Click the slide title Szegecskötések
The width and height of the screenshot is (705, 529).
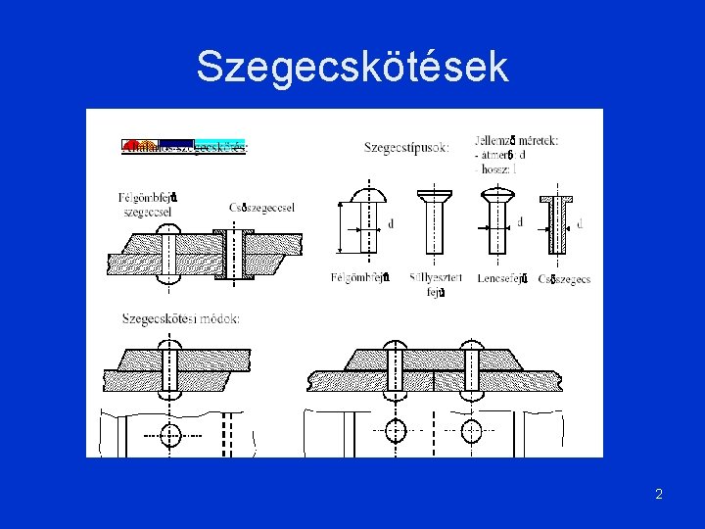pyautogui.click(x=352, y=68)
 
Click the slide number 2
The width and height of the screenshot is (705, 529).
pyautogui.click(x=659, y=494)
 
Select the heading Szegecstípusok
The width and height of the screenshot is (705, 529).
pyautogui.click(x=406, y=148)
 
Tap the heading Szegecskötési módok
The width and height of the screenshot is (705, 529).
pyautogui.click(x=181, y=318)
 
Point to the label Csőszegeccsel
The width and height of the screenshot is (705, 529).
pyautogui.click(x=262, y=208)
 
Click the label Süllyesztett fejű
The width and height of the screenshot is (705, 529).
pyautogui.click(x=436, y=284)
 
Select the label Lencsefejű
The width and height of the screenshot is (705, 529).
pyautogui.click(x=502, y=279)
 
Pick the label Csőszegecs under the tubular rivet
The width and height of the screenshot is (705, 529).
pyautogui.click(x=565, y=279)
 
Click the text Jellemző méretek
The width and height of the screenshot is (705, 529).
pyautogui.click(x=516, y=140)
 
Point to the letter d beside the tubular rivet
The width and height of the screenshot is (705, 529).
pyautogui.click(x=580, y=224)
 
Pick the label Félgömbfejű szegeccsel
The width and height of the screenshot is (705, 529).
pyautogui.click(x=148, y=204)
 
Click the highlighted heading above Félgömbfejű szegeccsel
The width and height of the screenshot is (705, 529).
pyautogui.click(x=184, y=147)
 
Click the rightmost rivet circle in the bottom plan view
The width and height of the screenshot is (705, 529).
pyautogui.click(x=473, y=429)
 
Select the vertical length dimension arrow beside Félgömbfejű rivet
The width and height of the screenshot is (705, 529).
pyautogui.click(x=340, y=227)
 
